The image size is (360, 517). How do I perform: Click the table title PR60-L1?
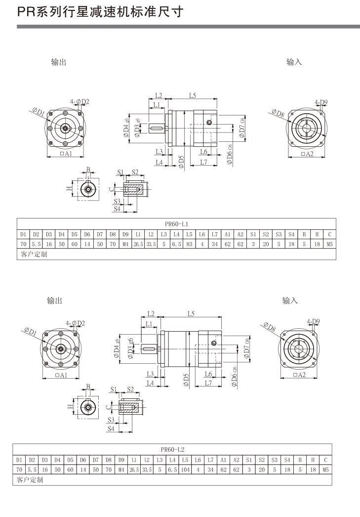[x=176, y=223]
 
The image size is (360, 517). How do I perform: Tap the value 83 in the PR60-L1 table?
[x=189, y=244]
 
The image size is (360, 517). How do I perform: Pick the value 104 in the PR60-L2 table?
[x=185, y=470]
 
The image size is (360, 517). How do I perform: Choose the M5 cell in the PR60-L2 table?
[x=325, y=470]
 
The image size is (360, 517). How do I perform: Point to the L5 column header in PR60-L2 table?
[x=185, y=460]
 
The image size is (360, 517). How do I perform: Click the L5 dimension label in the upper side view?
[x=192, y=95]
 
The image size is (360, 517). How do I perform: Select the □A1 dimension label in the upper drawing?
[x=65, y=154]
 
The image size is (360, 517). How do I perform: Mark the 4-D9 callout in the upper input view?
[x=321, y=102]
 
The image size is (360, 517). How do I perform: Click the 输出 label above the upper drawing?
[x=59, y=62]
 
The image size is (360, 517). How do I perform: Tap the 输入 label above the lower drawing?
[x=290, y=300]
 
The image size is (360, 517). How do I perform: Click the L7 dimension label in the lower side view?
[x=208, y=383]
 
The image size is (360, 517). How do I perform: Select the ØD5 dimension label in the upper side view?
[x=181, y=162]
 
